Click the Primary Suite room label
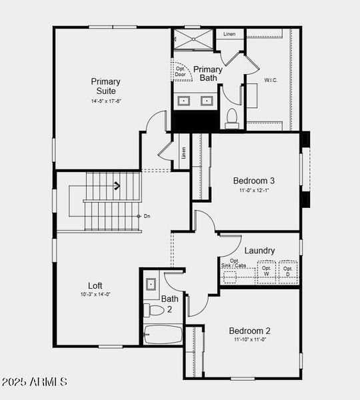(106, 86)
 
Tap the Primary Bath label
(208, 73)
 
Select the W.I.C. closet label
(271, 80)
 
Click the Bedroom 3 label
(254, 180)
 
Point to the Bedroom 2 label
(250, 331)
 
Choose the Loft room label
(95, 285)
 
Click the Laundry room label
(259, 251)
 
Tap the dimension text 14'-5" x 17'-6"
(106, 101)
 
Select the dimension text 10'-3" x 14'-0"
(95, 294)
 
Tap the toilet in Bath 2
(153, 310)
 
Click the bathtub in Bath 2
(163, 334)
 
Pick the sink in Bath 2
(151, 283)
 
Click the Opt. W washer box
(267, 271)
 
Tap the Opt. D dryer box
(288, 271)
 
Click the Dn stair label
(147, 216)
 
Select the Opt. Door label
(181, 72)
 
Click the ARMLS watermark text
(35, 382)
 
